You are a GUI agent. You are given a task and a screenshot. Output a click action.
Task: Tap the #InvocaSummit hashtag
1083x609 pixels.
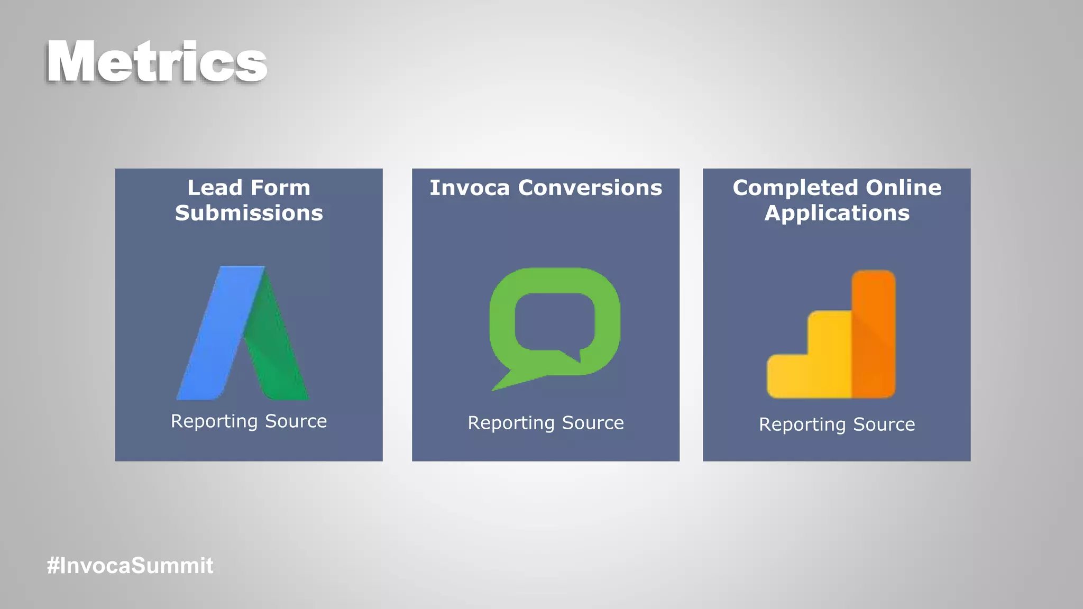[130, 566]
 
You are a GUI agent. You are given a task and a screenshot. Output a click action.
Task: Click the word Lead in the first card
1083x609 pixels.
[214, 188]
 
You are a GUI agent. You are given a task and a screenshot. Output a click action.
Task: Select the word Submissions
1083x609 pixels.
[249, 214]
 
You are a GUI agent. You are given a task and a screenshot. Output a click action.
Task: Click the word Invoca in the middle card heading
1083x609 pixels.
[470, 188]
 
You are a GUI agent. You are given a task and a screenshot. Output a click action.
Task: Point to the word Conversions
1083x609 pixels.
[590, 188]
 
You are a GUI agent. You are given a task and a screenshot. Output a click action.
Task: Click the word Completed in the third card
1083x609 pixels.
[795, 188]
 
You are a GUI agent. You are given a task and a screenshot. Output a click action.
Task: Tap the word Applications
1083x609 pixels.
[837, 214]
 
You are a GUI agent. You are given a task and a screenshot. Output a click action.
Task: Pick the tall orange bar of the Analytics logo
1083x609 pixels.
[873, 333]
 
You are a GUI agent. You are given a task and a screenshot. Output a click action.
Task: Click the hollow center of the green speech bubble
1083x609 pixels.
[554, 321]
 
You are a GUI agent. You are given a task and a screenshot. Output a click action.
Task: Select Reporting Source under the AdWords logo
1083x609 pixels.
[249, 421]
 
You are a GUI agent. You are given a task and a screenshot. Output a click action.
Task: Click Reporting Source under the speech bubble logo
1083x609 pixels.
[545, 423]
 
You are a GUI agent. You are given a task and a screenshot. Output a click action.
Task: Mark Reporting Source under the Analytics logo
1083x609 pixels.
[837, 425]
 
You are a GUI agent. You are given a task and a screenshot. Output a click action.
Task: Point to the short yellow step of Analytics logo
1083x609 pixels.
[788, 376]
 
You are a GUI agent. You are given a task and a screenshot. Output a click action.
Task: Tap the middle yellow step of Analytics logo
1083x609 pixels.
[829, 354]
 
